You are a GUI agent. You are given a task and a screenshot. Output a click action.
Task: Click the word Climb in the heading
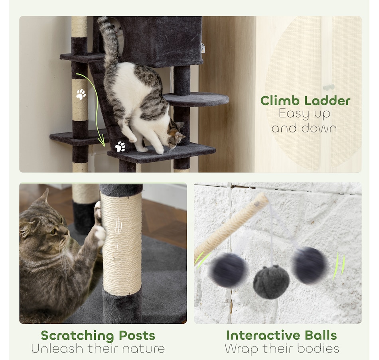coord(280,101)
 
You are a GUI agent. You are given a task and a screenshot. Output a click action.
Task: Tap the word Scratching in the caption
coord(77,336)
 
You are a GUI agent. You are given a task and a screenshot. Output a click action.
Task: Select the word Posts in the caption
coord(137,336)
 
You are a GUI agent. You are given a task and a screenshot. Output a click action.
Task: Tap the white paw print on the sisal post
coord(81,94)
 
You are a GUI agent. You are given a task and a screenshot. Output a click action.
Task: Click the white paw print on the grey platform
coord(120,147)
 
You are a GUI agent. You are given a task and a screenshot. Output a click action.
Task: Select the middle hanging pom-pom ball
coord(271,282)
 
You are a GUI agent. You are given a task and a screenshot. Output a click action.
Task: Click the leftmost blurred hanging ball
coord(227,270)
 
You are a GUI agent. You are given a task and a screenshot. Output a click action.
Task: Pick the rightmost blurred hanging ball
coord(309,265)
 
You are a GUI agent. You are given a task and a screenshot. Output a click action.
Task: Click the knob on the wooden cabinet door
coord(329,87)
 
